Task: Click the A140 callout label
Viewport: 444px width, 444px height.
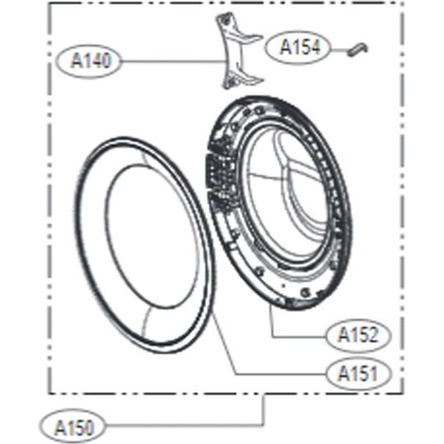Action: [89, 60]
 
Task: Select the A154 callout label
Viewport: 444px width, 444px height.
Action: [298, 47]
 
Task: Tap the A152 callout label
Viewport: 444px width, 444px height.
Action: [359, 335]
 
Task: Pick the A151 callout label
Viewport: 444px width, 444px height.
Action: [359, 374]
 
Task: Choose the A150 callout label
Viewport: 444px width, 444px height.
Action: [73, 426]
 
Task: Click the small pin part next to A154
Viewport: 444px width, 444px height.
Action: [357, 49]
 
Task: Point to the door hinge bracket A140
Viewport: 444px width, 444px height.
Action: [238, 50]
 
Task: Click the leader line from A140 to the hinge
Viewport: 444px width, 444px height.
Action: [173, 60]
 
